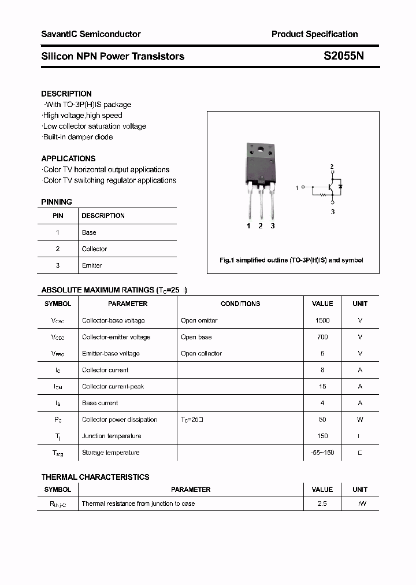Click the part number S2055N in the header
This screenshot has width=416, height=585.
(344, 56)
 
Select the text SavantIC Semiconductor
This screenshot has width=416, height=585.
(91, 34)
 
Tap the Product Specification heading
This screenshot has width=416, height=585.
(314, 34)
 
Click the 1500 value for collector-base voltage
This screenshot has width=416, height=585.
(322, 320)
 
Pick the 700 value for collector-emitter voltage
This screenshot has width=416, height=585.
(322, 337)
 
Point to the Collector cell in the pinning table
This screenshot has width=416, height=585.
(94, 249)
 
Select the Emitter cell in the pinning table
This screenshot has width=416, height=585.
(92, 265)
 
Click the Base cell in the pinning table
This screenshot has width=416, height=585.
(89, 232)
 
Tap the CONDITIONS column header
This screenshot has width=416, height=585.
(240, 303)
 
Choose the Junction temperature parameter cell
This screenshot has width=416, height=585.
(112, 436)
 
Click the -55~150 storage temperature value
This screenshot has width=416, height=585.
(322, 453)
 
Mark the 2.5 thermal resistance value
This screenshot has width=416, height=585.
(322, 503)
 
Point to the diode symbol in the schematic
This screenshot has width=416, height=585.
(340, 187)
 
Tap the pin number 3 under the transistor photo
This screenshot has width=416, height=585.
(273, 226)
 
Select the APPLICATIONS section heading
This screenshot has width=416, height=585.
(68, 158)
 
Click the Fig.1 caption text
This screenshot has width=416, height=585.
(291, 260)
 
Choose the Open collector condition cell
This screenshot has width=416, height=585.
(201, 353)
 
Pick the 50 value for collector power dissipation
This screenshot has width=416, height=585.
(322, 420)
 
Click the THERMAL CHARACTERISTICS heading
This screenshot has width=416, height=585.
(95, 477)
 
